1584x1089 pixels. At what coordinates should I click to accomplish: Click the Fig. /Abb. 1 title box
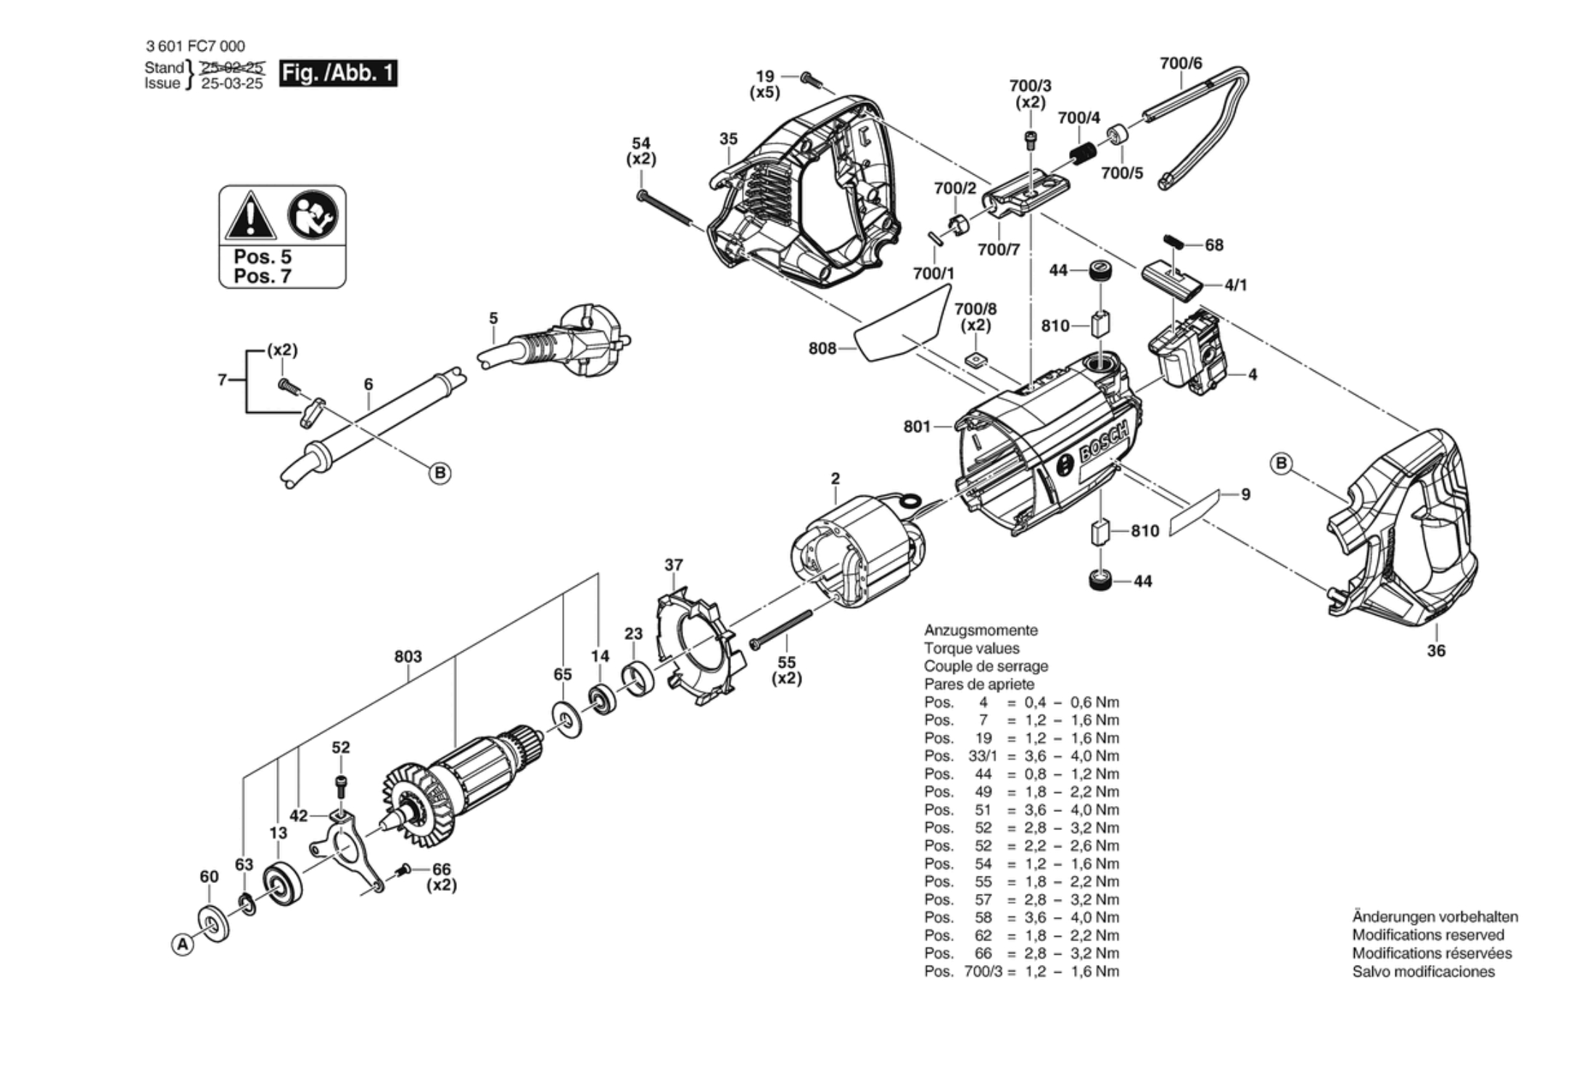coord(338,73)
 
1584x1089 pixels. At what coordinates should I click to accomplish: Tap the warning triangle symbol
coord(250,216)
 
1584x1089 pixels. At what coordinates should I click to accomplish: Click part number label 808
coord(822,349)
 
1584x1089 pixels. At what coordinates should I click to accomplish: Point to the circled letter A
coord(183,945)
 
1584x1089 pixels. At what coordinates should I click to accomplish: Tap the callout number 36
coord(1436,651)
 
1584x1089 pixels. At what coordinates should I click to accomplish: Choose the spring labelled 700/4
coord(1082,155)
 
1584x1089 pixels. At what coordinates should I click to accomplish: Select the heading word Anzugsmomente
coord(980,630)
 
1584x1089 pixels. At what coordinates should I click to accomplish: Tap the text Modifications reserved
coord(1427,935)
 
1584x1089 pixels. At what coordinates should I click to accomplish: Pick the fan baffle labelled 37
coord(696,649)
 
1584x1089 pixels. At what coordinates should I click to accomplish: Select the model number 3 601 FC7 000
coord(195,46)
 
